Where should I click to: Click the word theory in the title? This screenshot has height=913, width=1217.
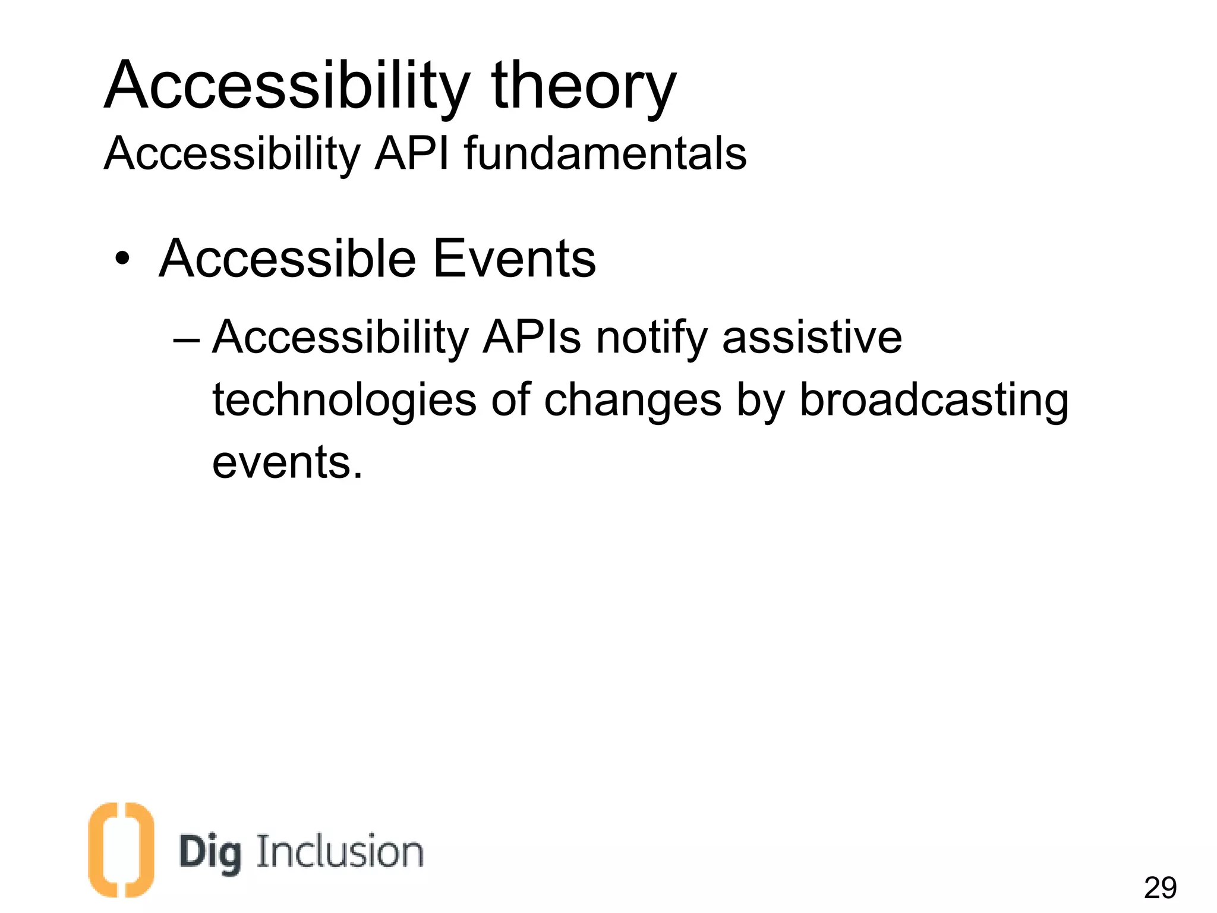pyautogui.click(x=584, y=87)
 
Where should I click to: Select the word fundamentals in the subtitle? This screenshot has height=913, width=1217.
pyautogui.click(x=605, y=153)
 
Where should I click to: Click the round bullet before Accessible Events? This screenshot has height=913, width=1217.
pyautogui.click(x=122, y=260)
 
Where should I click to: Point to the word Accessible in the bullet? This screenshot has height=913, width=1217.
pyautogui.click(x=288, y=259)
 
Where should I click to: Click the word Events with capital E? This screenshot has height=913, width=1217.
pyautogui.click(x=514, y=259)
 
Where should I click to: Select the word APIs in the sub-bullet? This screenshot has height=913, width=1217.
pyautogui.click(x=531, y=338)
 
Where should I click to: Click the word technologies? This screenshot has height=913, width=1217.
pyautogui.click(x=345, y=401)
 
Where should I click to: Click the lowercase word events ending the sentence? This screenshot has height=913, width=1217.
pyautogui.click(x=286, y=463)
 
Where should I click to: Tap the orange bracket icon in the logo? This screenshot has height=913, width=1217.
pyautogui.click(x=121, y=849)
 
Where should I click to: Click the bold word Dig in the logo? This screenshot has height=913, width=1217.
pyautogui.click(x=210, y=854)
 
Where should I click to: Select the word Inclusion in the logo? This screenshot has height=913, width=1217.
pyautogui.click(x=340, y=851)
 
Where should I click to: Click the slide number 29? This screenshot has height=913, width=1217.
pyautogui.click(x=1159, y=888)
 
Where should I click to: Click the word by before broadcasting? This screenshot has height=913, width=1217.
pyautogui.click(x=760, y=401)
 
